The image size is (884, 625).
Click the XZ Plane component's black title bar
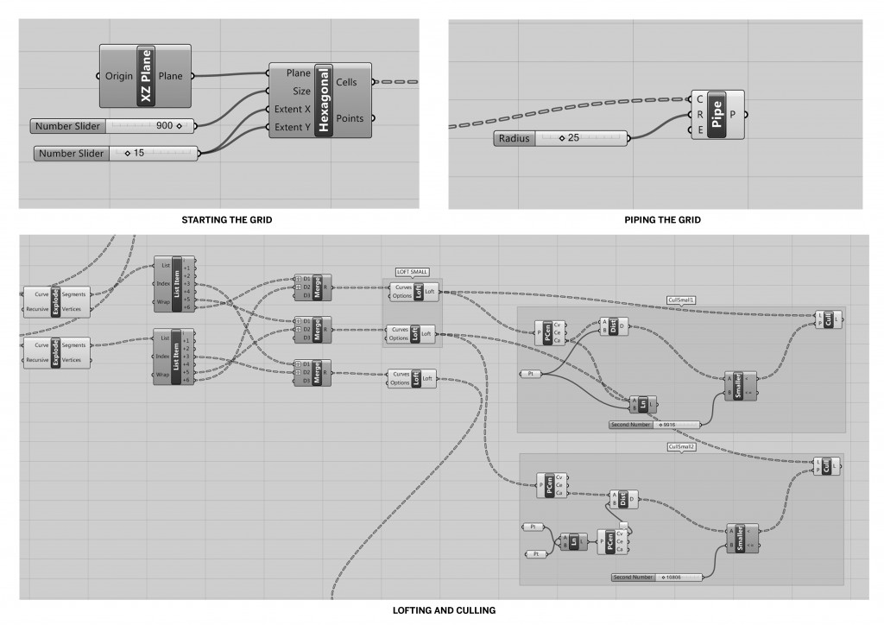coord(145,76)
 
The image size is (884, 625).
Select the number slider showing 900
coord(112,126)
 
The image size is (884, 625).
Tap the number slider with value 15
coord(116,154)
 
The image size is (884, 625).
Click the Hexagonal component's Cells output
coord(347,82)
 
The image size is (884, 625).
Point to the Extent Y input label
coord(294,128)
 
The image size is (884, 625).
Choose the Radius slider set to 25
coord(561,138)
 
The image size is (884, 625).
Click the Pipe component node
coord(716,113)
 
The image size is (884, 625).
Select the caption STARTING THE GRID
coord(226,220)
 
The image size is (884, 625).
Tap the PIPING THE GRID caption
coord(662,220)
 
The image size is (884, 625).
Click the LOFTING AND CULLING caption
coord(444,610)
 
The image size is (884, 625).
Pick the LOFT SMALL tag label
coord(413,272)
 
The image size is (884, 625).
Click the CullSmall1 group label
coord(681,300)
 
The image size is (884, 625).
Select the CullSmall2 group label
coord(681,447)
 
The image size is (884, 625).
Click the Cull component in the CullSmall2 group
coord(826,467)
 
